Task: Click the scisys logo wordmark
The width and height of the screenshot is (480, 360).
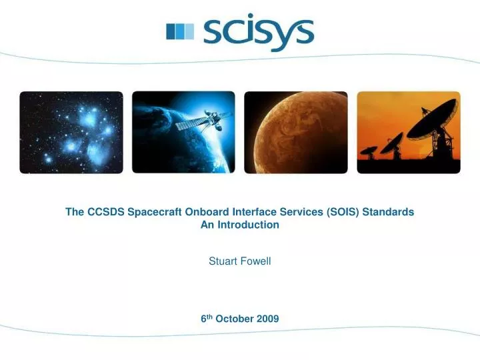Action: pyautogui.click(x=259, y=31)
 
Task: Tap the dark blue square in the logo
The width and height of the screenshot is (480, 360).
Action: pyautogui.click(x=171, y=31)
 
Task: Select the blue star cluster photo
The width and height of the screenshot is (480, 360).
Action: pyautogui.click(x=71, y=133)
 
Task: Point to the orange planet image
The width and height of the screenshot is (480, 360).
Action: pyautogui.click(x=296, y=133)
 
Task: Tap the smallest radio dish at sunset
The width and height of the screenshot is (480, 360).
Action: pyautogui.click(x=368, y=151)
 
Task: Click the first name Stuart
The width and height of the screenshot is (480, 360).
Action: pyautogui.click(x=222, y=261)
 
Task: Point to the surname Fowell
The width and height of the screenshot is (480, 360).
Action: pyautogui.click(x=255, y=261)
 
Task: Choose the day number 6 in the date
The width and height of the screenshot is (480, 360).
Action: pyautogui.click(x=203, y=319)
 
